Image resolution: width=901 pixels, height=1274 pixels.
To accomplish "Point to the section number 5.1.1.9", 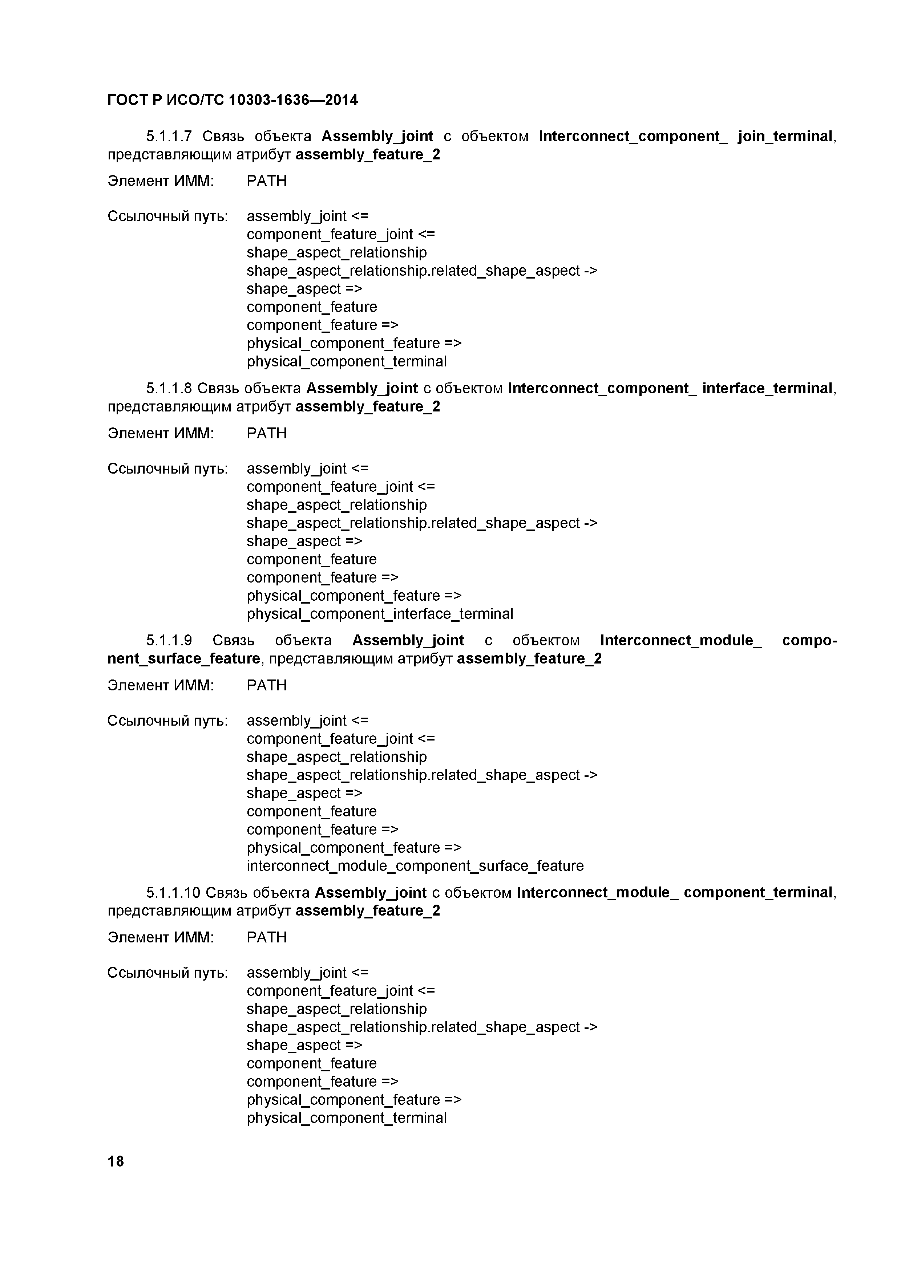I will tap(169, 640).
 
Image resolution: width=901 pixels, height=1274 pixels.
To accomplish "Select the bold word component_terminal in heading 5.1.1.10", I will tap(758, 892).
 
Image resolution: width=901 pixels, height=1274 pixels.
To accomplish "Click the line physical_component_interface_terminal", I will tap(380, 614).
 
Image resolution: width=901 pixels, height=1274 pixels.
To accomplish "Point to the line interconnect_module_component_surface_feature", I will tap(415, 865).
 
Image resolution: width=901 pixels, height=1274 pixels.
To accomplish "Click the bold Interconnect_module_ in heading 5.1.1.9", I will tap(680, 640).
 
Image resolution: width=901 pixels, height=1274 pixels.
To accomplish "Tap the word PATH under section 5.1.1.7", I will tap(266, 181).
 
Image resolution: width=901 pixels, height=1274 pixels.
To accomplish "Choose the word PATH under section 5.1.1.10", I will tap(266, 937).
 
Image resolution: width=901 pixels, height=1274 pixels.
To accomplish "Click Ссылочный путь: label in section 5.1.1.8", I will tap(167, 468).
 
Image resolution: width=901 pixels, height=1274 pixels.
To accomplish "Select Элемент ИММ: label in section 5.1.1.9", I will tap(161, 685).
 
